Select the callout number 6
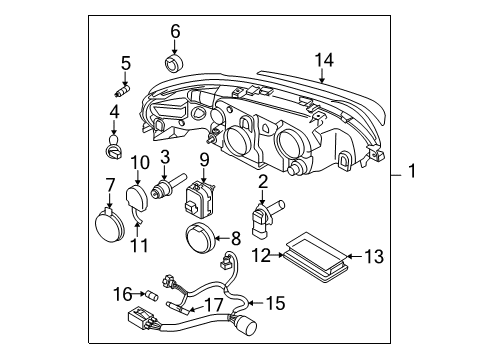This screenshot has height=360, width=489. tap(175, 32)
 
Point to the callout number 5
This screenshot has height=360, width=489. tap(125, 64)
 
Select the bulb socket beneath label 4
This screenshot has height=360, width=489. tap(114, 151)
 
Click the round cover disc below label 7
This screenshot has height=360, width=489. tap(105, 222)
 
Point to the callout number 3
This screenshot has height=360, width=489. tap(164, 157)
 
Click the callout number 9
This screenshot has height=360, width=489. tap(203, 159)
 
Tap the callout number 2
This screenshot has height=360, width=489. tap(263, 181)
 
